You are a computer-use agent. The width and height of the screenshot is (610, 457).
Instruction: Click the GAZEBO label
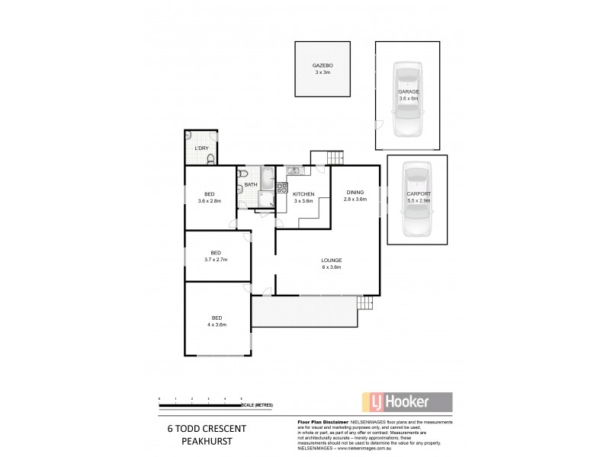[323, 66]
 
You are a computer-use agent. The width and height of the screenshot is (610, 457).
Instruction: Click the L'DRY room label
[201, 148]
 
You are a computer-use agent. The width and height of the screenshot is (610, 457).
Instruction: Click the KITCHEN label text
[304, 195]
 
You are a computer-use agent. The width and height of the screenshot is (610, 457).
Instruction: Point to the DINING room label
[356, 192]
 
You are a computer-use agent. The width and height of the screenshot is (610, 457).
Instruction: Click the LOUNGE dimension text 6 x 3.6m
[330, 268]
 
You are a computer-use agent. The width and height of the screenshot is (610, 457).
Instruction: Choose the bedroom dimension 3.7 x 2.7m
[216, 260]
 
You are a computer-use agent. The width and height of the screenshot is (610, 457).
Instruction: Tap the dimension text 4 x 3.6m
[217, 325]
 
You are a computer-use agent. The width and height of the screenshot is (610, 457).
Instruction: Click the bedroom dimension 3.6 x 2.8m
[210, 200]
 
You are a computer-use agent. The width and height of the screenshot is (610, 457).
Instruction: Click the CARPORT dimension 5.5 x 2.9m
[418, 201]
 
